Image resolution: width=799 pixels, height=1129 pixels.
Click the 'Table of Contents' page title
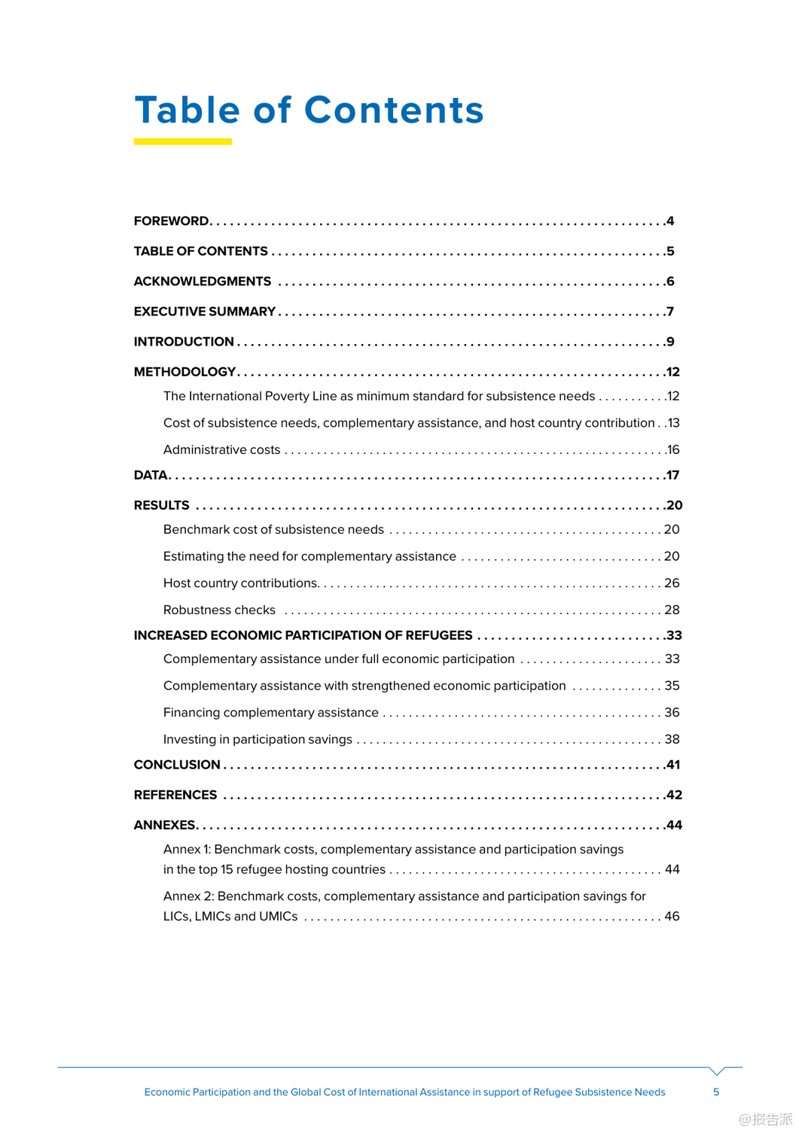(x=309, y=110)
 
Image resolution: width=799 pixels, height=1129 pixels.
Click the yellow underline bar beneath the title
(x=182, y=142)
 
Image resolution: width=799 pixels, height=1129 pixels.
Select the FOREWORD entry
(x=171, y=221)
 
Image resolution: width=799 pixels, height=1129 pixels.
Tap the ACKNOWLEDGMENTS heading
(x=202, y=281)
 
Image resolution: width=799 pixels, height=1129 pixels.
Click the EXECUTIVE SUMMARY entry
(x=204, y=312)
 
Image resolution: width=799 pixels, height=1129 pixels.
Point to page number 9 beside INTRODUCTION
(x=670, y=342)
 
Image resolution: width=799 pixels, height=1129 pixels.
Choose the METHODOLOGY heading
(x=185, y=372)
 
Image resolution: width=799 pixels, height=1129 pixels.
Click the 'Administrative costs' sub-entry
(x=221, y=450)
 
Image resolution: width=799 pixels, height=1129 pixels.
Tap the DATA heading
(x=151, y=476)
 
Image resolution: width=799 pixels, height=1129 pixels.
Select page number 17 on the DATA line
(x=672, y=476)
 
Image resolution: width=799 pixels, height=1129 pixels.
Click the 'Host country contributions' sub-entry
(x=241, y=583)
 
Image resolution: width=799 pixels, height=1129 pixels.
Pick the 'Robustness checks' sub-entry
(x=219, y=610)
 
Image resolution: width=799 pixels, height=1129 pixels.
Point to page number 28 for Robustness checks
(x=672, y=610)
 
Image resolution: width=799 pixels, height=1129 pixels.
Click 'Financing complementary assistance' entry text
(x=270, y=713)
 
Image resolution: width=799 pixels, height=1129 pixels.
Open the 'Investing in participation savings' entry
(x=258, y=740)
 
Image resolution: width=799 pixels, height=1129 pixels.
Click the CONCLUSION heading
(x=177, y=765)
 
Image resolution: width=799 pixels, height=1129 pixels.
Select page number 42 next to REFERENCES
(x=674, y=795)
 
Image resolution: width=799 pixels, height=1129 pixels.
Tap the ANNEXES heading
(x=165, y=825)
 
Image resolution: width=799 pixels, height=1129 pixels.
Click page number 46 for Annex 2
(x=672, y=917)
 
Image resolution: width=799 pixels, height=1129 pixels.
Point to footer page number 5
(x=716, y=1092)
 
